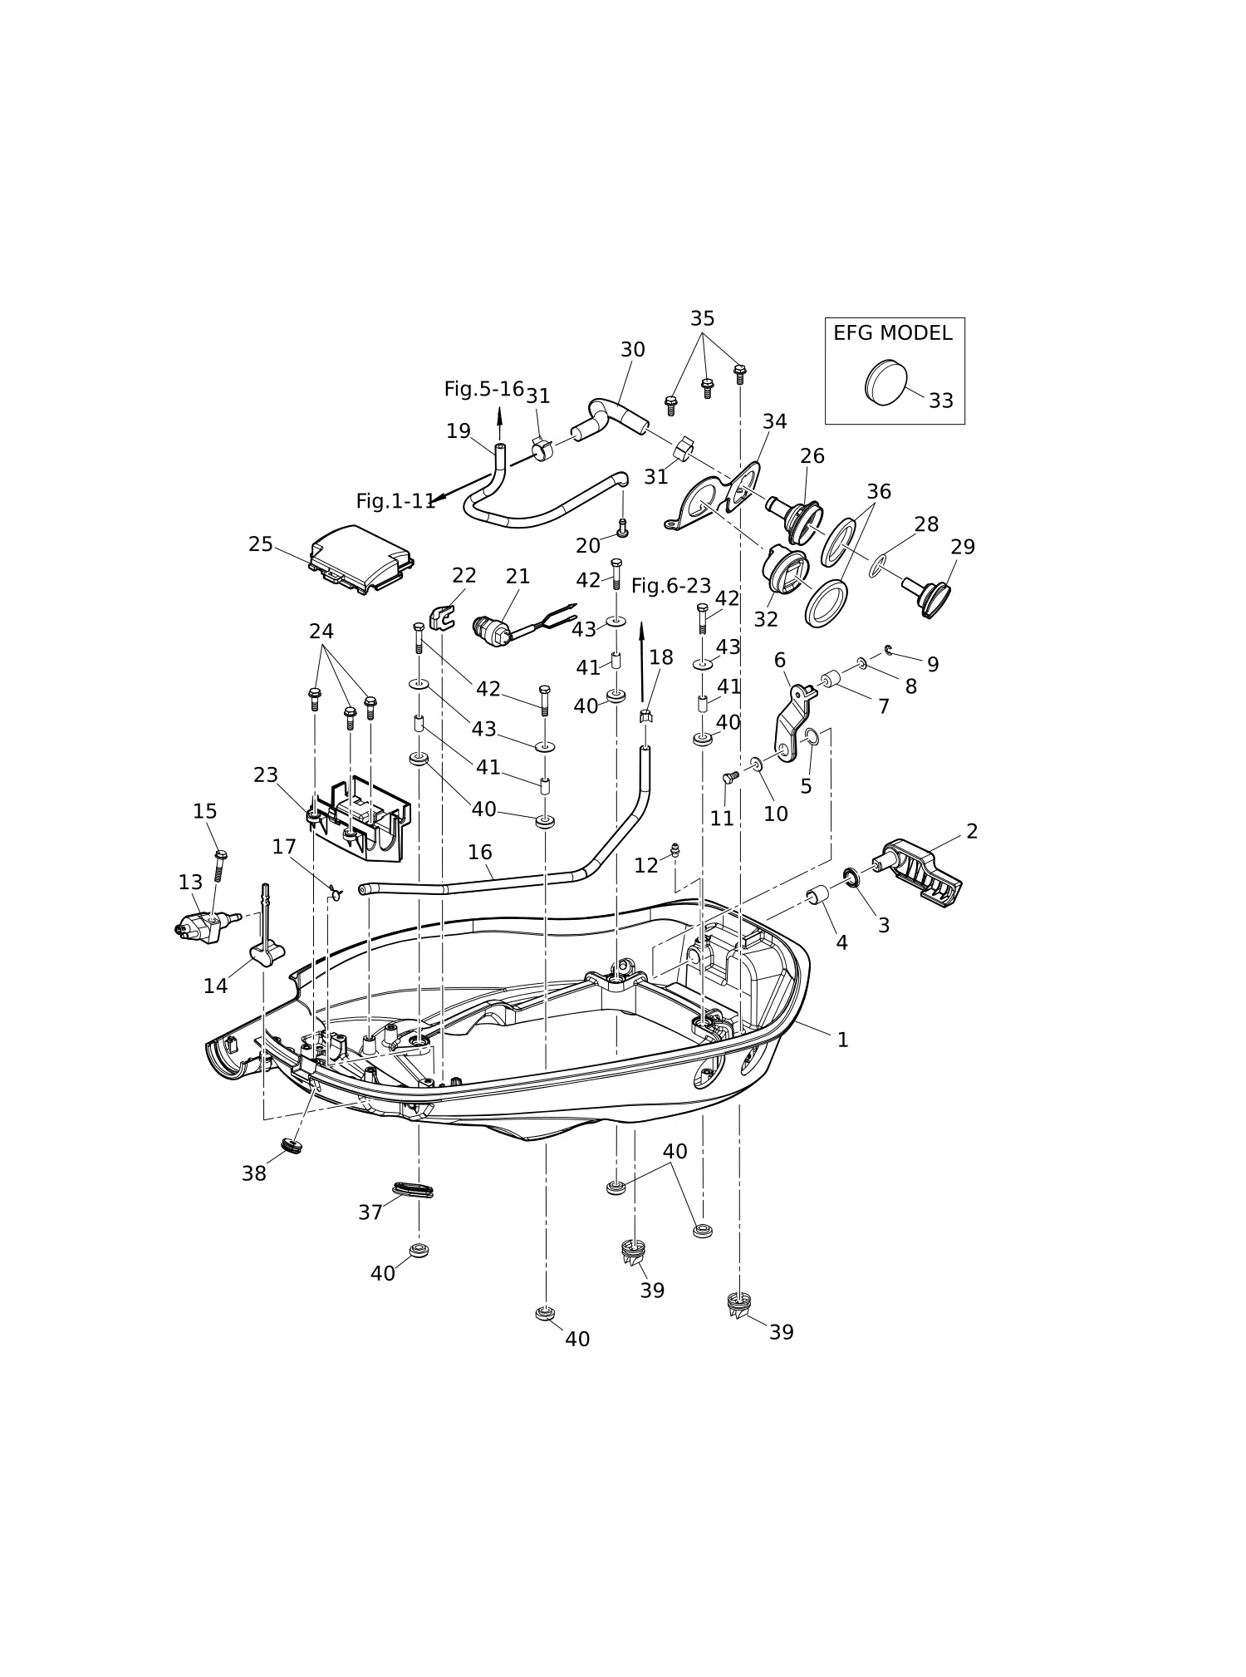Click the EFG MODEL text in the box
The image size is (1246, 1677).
(892, 333)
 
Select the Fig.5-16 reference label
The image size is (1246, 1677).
(484, 389)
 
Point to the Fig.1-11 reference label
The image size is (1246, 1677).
(395, 501)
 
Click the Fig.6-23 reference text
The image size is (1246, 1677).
(671, 586)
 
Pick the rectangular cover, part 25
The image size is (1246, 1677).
(362, 559)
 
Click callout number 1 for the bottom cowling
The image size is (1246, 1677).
(842, 1040)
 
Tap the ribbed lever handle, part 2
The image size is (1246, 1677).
(918, 870)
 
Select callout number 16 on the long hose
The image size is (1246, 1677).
(479, 852)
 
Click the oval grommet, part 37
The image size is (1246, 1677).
(413, 1190)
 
